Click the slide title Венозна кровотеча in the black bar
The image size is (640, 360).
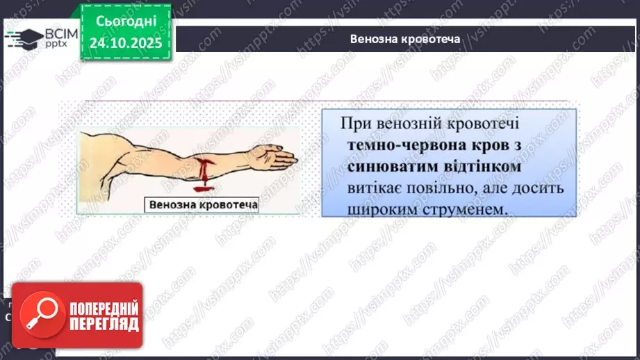pyautogui.click(x=406, y=39)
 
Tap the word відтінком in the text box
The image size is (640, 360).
pyautogui.click(x=479, y=167)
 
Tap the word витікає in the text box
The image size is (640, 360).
pyautogui.click(x=375, y=188)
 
